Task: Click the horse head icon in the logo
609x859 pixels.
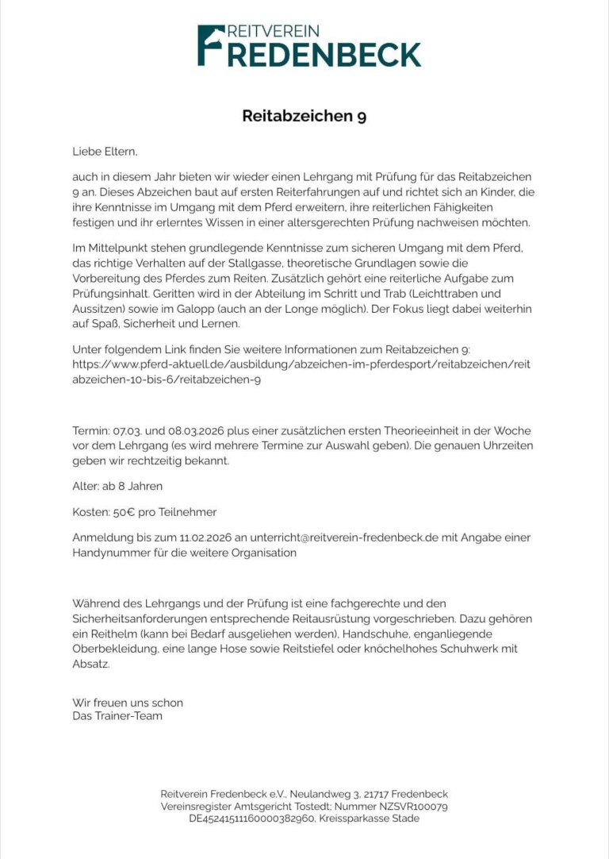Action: tap(211, 35)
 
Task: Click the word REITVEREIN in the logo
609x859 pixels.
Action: tap(273, 32)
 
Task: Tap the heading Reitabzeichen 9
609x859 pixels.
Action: tap(304, 116)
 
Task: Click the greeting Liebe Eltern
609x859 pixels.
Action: tap(99, 150)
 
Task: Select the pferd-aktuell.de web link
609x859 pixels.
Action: tap(301, 372)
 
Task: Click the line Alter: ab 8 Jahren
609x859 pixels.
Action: tap(117, 485)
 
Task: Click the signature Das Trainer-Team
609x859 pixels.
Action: tap(117, 716)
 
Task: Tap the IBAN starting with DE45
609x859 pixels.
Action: tap(251, 818)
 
